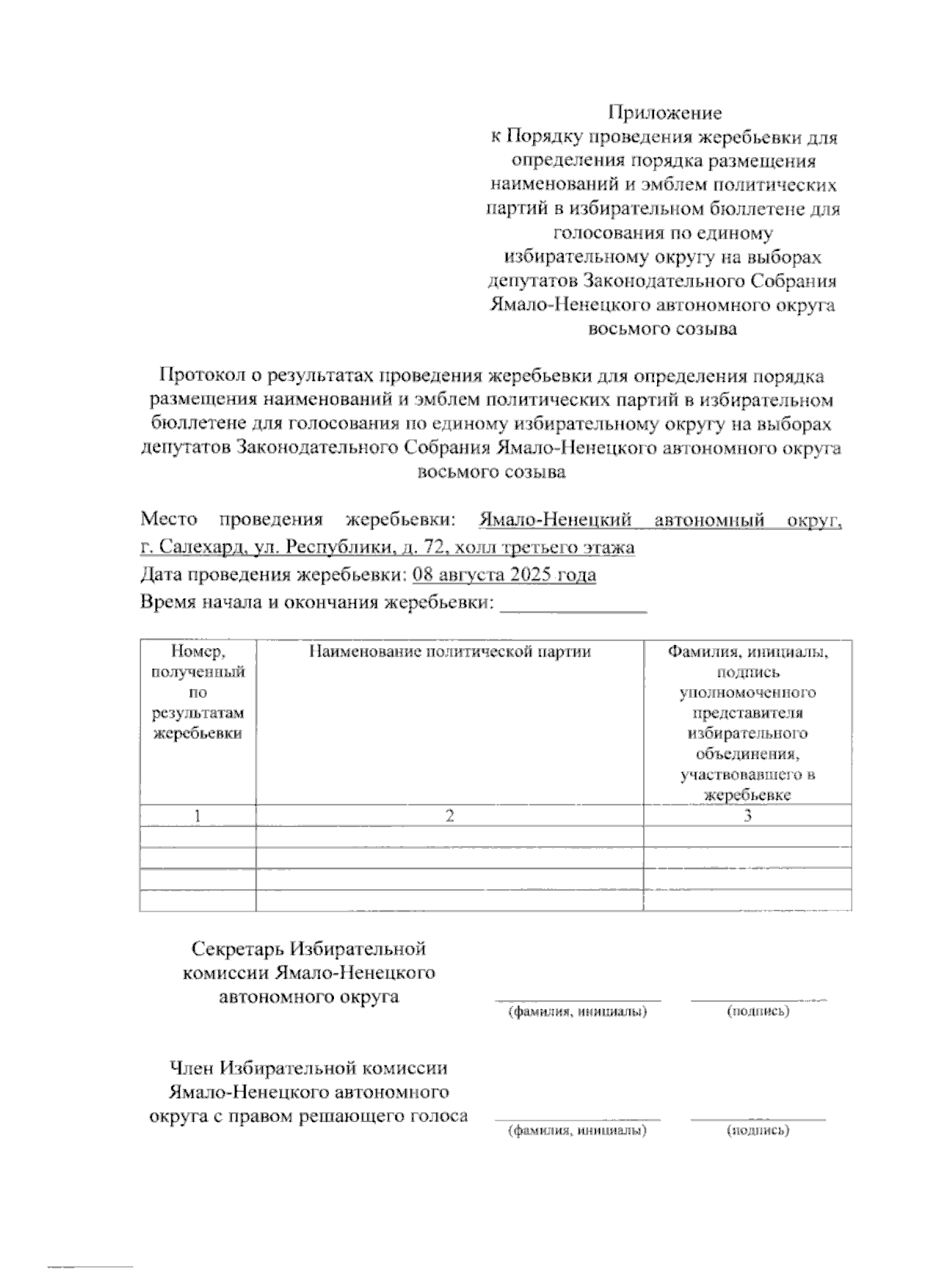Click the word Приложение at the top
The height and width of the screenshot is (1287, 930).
click(664, 113)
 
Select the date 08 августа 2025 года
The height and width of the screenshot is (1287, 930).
click(505, 575)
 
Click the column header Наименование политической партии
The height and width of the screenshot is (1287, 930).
click(449, 652)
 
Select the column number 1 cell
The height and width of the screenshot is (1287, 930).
click(198, 815)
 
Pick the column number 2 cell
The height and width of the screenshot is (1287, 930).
click(449, 815)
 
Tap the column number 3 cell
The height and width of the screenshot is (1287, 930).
click(747, 815)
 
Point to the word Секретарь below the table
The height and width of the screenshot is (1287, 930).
click(237, 949)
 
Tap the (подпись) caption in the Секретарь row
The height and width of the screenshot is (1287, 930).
click(758, 1011)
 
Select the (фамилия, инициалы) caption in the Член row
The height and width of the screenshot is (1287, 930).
click(577, 1131)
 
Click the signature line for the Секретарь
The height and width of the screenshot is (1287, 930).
click(758, 1000)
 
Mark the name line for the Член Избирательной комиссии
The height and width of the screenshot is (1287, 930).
click(577, 1119)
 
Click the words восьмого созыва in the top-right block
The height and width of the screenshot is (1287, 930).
click(663, 328)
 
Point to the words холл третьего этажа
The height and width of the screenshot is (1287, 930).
click(546, 547)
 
